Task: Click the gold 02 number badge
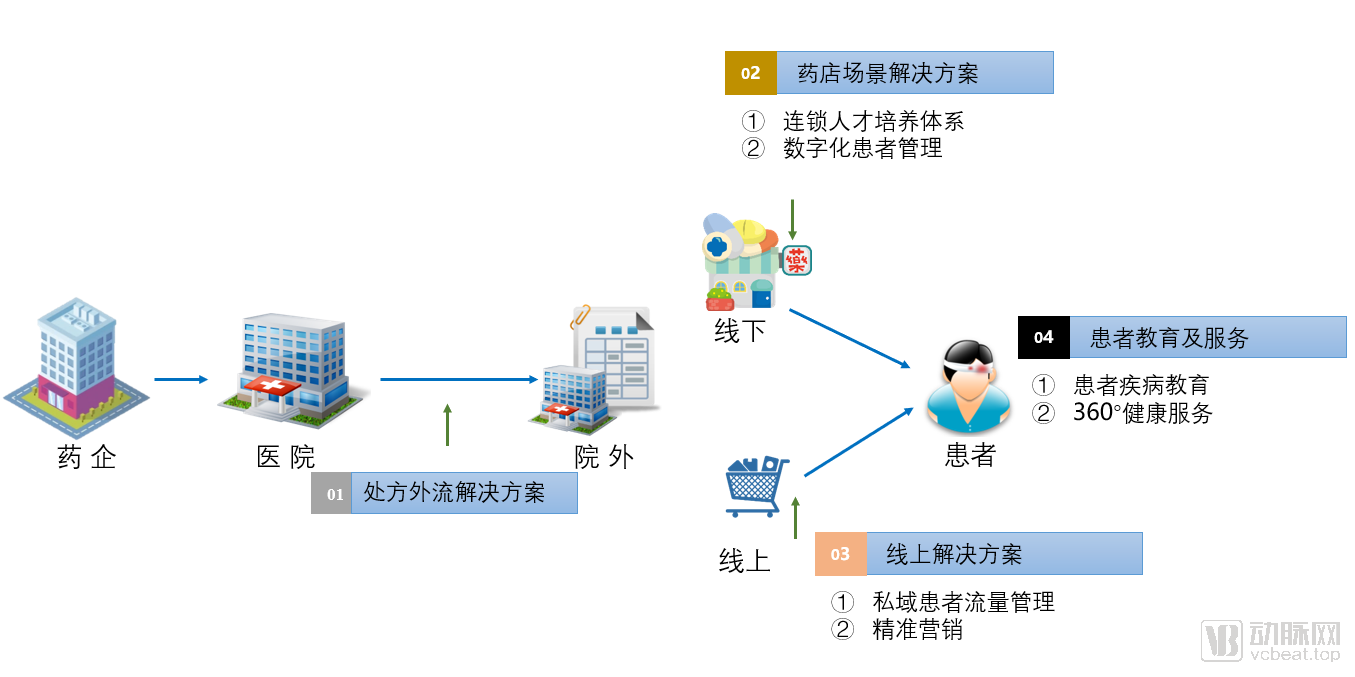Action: pyautogui.click(x=750, y=73)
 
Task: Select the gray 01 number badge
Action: pyautogui.click(x=332, y=494)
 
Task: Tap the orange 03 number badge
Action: pyautogui.click(x=840, y=554)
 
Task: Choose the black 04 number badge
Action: pyautogui.click(x=1043, y=337)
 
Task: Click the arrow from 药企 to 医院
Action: pyautogui.click(x=181, y=380)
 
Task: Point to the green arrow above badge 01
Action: pyautogui.click(x=447, y=425)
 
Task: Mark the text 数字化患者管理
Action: pyautogui.click(x=862, y=149)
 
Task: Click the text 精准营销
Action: pyautogui.click(x=917, y=630)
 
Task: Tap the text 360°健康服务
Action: pyautogui.click(x=1142, y=413)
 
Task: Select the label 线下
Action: pyautogui.click(x=741, y=331)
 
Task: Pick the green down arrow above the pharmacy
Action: pyautogui.click(x=792, y=219)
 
